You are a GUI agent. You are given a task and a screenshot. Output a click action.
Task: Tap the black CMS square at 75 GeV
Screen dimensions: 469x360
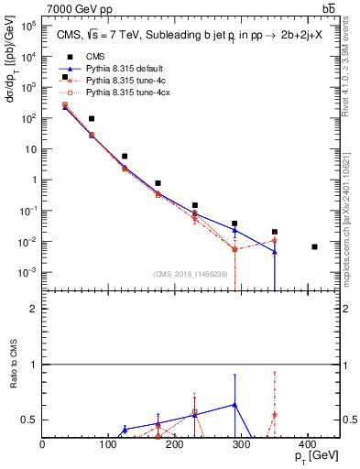pos(92,119)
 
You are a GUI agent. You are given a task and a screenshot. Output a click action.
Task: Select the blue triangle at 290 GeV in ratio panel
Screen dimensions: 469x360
pos(235,404)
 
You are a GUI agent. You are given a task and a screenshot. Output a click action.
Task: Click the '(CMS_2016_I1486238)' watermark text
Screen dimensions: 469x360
pos(191,274)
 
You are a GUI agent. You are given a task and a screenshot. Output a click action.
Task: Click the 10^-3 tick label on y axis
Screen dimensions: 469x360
pos(29,273)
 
